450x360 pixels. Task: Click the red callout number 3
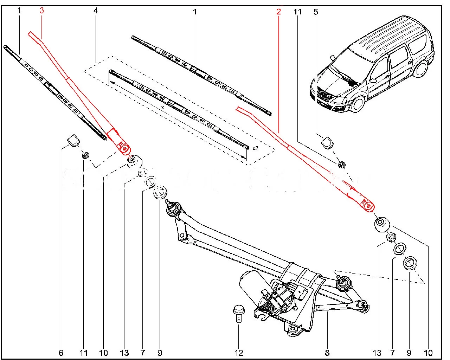tap(41, 11)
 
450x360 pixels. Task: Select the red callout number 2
tap(278, 12)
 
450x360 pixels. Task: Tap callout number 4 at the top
tap(96, 11)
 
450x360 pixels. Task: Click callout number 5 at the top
tap(315, 12)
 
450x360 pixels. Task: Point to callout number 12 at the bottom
tap(239, 353)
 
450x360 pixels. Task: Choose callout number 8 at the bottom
tap(327, 353)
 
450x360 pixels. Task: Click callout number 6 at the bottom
tap(61, 353)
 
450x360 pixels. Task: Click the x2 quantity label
tap(255, 148)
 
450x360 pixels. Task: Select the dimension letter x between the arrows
tap(162, 106)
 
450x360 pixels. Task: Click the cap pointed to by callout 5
tap(327, 143)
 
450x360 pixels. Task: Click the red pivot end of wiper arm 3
tap(123, 148)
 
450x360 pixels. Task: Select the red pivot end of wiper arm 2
tap(368, 206)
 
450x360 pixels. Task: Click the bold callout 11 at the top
tap(297, 12)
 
